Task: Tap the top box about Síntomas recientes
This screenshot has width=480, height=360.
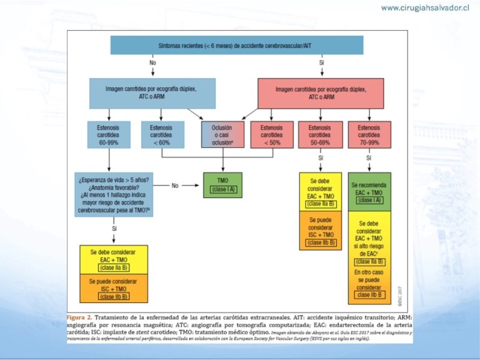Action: (x=237, y=45)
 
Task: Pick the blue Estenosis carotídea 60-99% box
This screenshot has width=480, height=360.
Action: (x=109, y=135)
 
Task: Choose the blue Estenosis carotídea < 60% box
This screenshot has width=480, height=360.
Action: (x=161, y=135)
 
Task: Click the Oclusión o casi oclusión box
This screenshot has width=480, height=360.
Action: (x=223, y=135)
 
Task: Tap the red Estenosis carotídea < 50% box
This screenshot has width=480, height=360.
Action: (x=271, y=135)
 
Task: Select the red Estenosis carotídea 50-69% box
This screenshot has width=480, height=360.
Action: (x=320, y=135)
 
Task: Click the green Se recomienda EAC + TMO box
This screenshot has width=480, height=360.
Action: (x=370, y=191)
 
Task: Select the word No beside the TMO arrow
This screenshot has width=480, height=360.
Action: (x=175, y=185)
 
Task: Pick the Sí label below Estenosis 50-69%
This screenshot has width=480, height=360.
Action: (x=321, y=157)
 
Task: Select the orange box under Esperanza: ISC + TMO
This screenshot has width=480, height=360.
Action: (x=114, y=288)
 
